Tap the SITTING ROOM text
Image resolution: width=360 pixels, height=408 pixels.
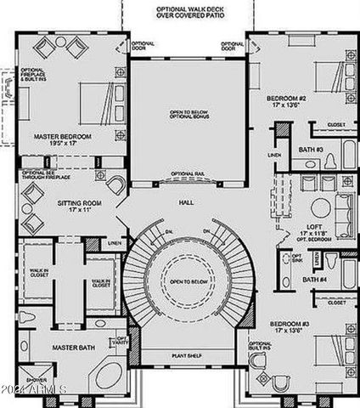click(80, 204)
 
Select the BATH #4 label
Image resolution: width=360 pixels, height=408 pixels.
click(316, 279)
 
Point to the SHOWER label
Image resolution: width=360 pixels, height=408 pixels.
click(36, 380)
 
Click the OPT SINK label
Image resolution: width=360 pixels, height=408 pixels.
click(297, 258)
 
